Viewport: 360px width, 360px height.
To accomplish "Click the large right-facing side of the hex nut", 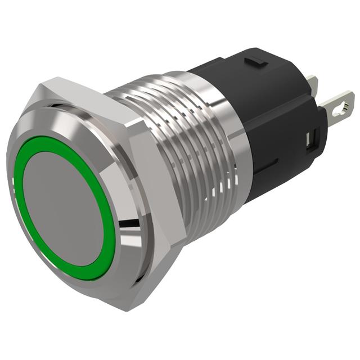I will [157, 186].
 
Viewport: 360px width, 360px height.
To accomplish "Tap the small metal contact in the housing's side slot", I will [309, 141].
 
